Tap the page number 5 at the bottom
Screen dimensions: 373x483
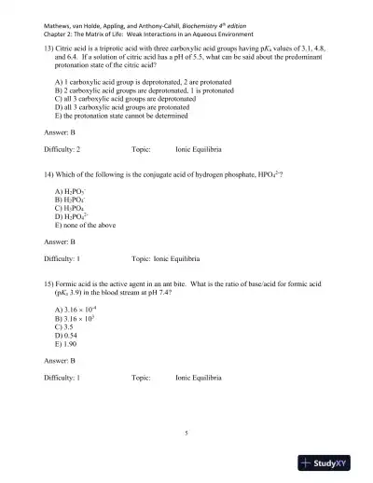[186, 433]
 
